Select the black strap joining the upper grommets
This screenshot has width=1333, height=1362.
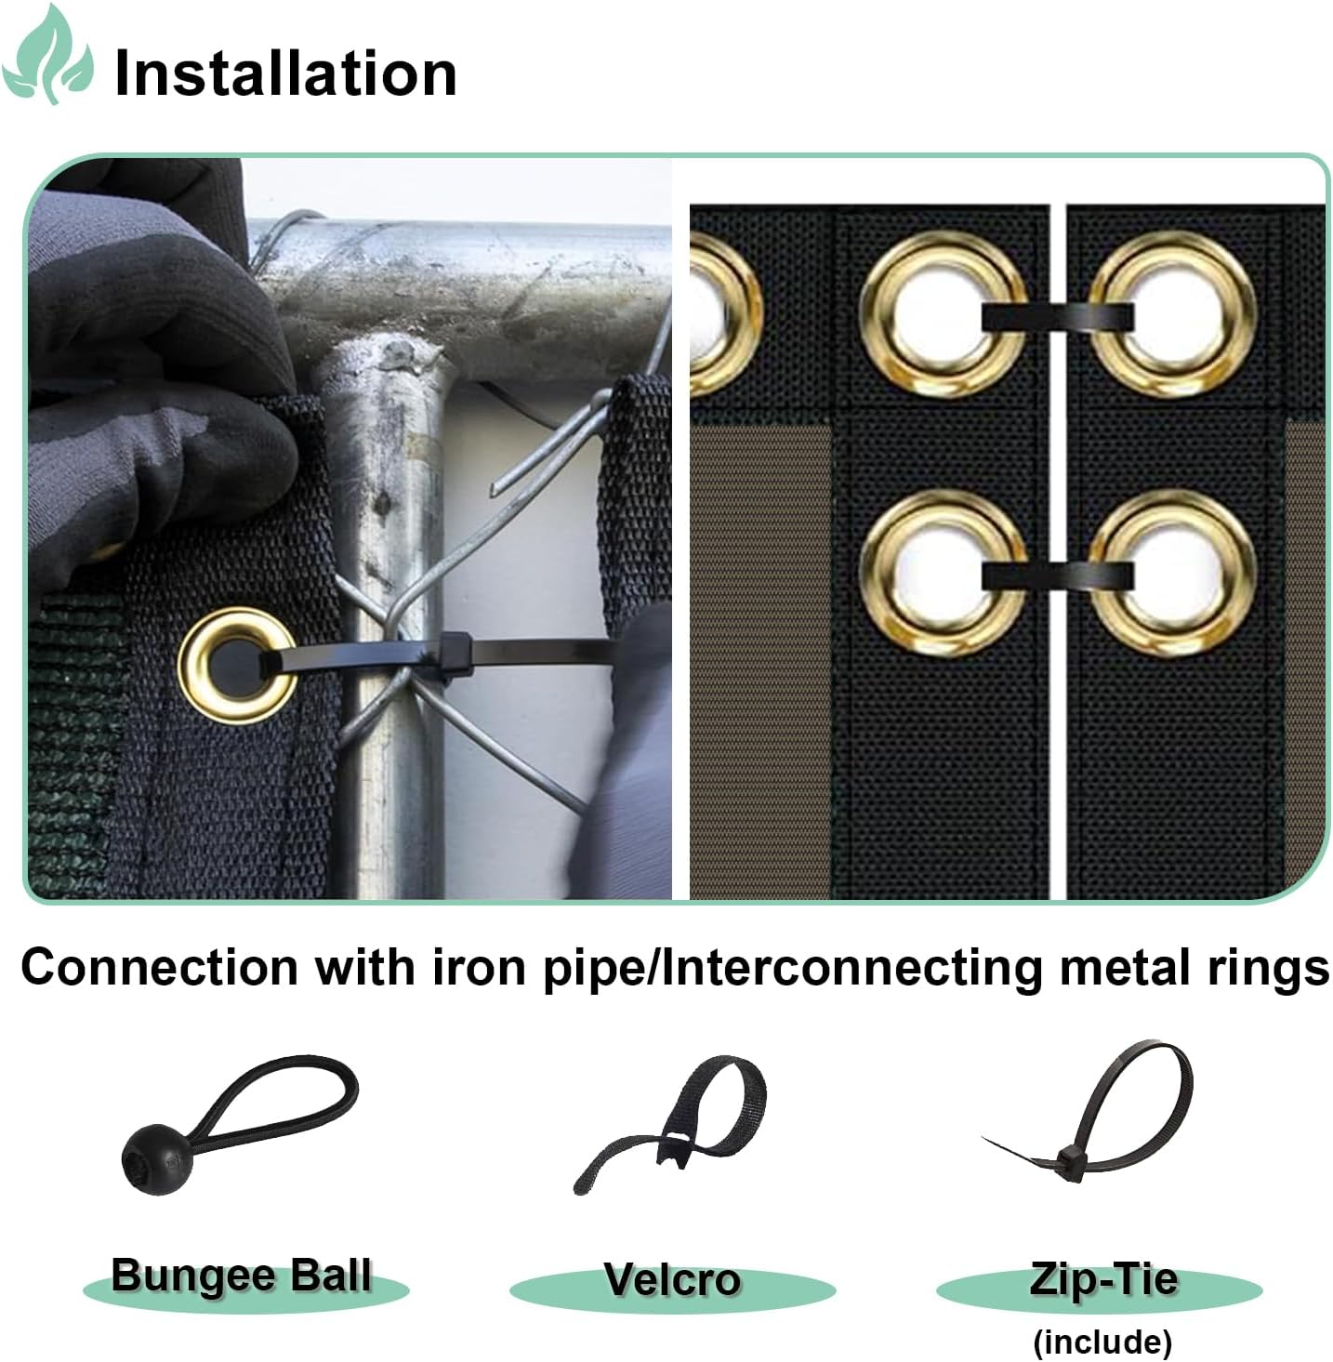[1058, 318]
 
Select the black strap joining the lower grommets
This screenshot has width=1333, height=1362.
[1058, 575]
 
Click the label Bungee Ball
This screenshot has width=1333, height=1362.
[242, 1276]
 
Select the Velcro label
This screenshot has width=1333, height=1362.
[672, 1280]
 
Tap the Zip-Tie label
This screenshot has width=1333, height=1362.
[1102, 1279]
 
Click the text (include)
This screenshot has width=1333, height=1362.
[1102, 1341]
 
